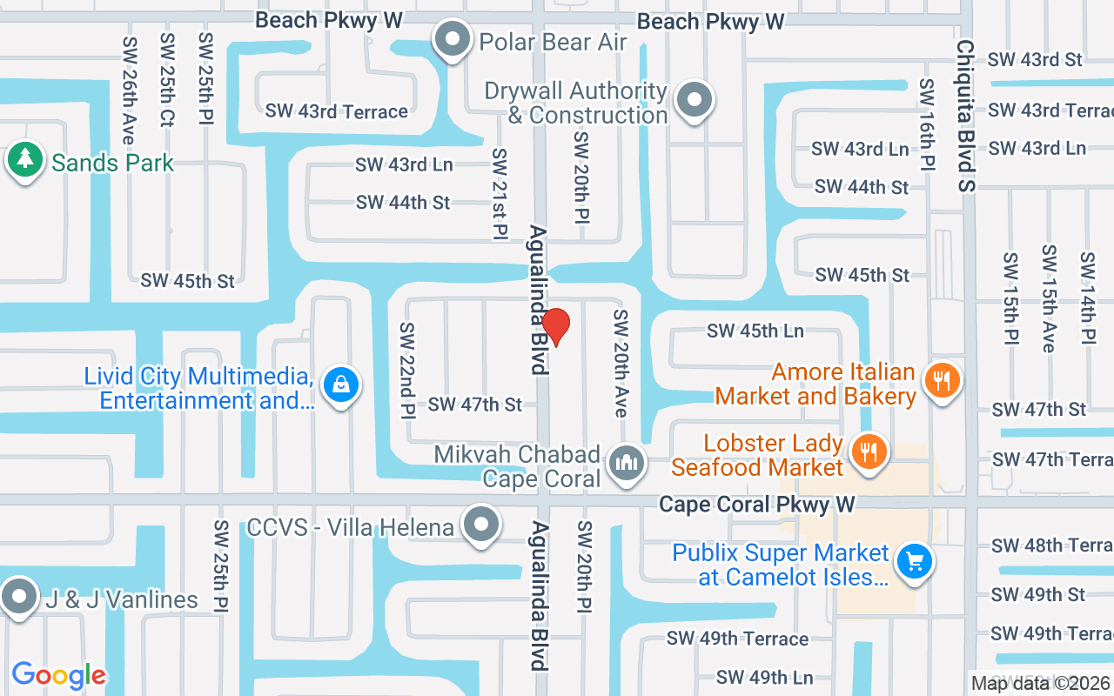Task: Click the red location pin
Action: point(555,326)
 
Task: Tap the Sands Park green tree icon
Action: point(25,161)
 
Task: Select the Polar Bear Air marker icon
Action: point(452,40)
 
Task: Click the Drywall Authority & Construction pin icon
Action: point(694,100)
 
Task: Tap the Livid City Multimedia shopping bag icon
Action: point(341,384)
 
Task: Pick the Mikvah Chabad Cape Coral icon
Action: point(626,462)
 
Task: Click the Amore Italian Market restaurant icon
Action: point(941,380)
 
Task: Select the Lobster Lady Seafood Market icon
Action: point(868,451)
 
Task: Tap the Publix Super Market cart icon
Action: point(913,560)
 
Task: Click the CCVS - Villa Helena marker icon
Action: point(480,525)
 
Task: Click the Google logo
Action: point(59,675)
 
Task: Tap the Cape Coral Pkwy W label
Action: point(756,505)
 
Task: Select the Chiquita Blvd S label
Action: point(965,115)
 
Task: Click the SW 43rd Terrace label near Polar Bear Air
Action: point(337,111)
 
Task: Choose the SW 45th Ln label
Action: point(755,331)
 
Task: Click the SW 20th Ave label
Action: point(621,363)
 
